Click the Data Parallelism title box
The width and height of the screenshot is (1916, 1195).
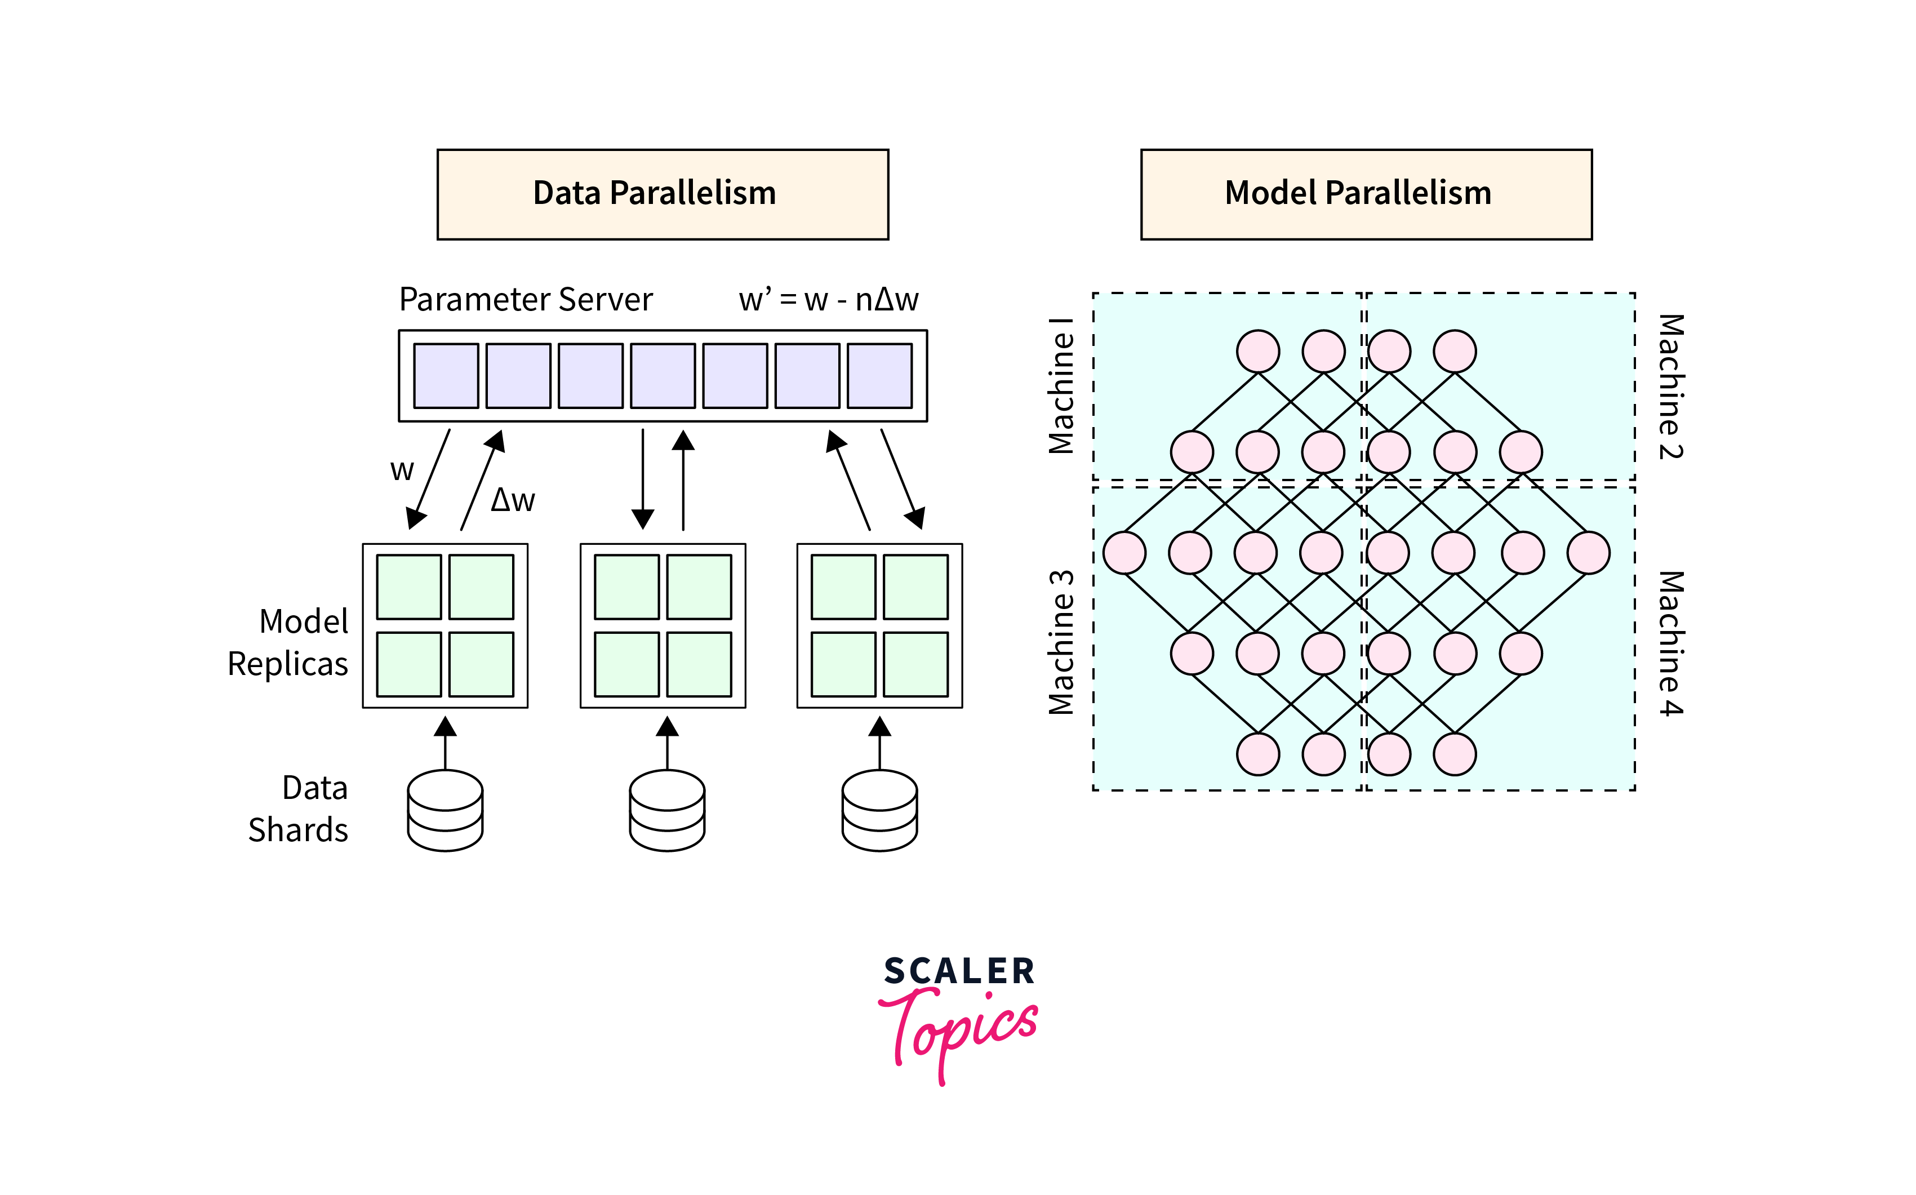(x=662, y=194)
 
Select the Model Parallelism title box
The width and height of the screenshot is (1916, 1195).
(x=1365, y=194)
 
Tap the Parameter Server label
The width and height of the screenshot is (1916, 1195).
(x=526, y=300)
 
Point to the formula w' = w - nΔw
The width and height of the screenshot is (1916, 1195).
(x=828, y=300)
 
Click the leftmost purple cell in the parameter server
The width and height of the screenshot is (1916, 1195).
(x=446, y=375)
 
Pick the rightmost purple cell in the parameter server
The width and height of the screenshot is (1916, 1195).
(x=879, y=375)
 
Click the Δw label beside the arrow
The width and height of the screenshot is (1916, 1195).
(x=513, y=500)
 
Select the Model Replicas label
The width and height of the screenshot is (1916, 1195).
(x=288, y=642)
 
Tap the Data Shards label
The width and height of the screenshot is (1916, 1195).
(x=299, y=808)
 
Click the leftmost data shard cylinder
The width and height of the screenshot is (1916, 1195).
(x=445, y=810)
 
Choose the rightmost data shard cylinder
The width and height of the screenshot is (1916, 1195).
(x=879, y=810)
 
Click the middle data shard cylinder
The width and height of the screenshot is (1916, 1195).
(x=667, y=810)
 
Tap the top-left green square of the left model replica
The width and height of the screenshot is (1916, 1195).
(x=408, y=587)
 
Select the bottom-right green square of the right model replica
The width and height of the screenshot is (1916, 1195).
(x=915, y=664)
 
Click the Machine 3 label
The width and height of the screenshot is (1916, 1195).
(x=1061, y=642)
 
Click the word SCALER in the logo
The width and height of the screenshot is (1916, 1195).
(x=958, y=971)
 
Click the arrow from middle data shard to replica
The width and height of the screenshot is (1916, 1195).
(x=667, y=743)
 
